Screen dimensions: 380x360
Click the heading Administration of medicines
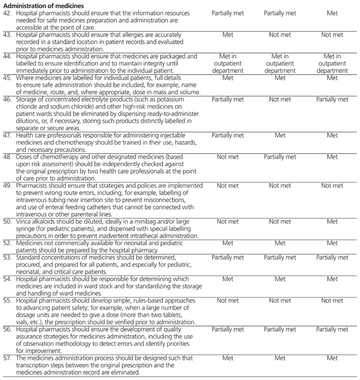(43, 6)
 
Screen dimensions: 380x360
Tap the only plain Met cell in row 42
(332, 13)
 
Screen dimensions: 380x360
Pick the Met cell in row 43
(228, 35)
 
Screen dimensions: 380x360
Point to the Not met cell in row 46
(280, 99)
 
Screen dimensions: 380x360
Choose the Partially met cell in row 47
(228, 135)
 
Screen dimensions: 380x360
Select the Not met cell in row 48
(228, 157)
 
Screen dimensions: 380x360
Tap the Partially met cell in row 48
(280, 157)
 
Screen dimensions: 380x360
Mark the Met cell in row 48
(332, 157)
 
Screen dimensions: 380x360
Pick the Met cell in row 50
(332, 222)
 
